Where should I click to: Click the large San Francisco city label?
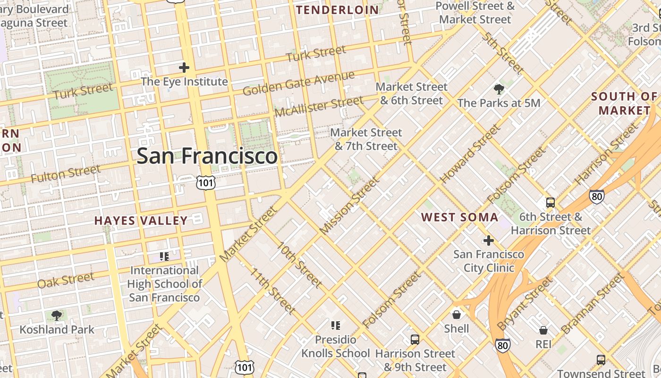(207, 156)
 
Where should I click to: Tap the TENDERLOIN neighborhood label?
(338, 10)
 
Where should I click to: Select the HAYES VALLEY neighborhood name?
(141, 221)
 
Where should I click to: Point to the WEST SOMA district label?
(459, 217)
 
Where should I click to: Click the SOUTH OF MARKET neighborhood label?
(624, 103)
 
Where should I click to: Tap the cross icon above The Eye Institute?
(184, 68)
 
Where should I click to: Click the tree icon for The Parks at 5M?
(499, 89)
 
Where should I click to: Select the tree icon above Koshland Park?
(57, 316)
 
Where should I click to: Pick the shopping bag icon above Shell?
(457, 315)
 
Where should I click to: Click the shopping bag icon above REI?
(543, 330)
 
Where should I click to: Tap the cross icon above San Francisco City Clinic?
(488, 241)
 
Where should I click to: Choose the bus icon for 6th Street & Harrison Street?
(551, 203)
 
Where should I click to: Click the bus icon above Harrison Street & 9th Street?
(415, 339)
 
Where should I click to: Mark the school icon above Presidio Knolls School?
(336, 325)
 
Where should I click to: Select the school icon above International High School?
(164, 257)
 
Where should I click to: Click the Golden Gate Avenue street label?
(298, 84)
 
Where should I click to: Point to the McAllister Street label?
(319, 106)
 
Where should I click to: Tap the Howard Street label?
(470, 154)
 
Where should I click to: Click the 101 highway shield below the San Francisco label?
(206, 182)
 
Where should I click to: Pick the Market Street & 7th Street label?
(366, 139)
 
